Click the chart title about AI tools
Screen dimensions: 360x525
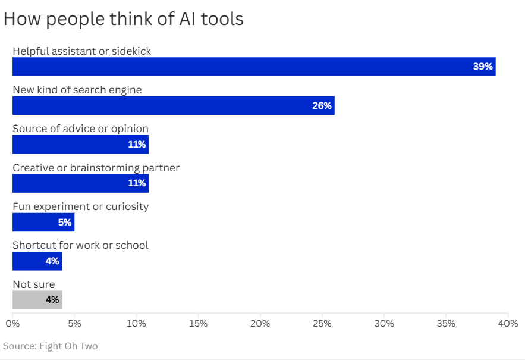pyautogui.click(x=124, y=19)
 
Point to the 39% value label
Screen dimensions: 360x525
pyautogui.click(x=483, y=67)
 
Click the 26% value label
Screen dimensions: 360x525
pyautogui.click(x=322, y=106)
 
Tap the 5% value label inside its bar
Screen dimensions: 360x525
pyautogui.click(x=64, y=223)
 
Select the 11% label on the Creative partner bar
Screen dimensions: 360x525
pyautogui.click(x=137, y=183)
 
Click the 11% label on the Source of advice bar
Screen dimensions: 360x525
pyautogui.click(x=137, y=145)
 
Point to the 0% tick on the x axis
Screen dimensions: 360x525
pyautogui.click(x=12, y=324)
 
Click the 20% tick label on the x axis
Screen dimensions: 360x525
pyautogui.click(x=260, y=324)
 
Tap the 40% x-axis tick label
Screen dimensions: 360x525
pyautogui.click(x=508, y=324)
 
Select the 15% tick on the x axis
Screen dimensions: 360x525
pyautogui.click(x=198, y=324)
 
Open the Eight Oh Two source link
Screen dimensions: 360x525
pyautogui.click(x=68, y=346)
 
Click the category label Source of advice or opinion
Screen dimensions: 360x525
pyautogui.click(x=80, y=129)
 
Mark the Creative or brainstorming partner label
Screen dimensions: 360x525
pyautogui.click(x=96, y=168)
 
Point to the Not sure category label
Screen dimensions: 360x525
pyautogui.click(x=33, y=284)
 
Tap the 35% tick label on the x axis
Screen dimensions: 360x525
pyautogui.click(x=446, y=324)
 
